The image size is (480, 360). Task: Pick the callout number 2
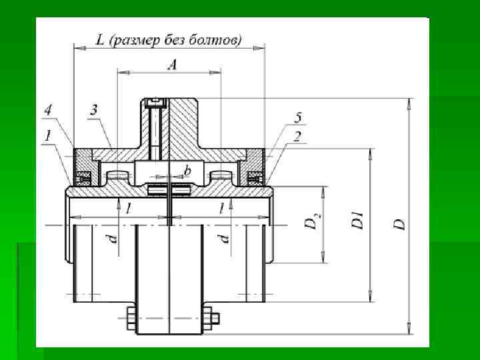[x=297, y=136]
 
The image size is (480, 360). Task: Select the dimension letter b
[x=187, y=171]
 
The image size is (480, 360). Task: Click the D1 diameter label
[x=358, y=221]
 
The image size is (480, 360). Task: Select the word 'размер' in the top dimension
[x=135, y=40]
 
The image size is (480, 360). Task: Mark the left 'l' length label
[x=127, y=209]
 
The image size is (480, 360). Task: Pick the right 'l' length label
[x=221, y=209]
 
